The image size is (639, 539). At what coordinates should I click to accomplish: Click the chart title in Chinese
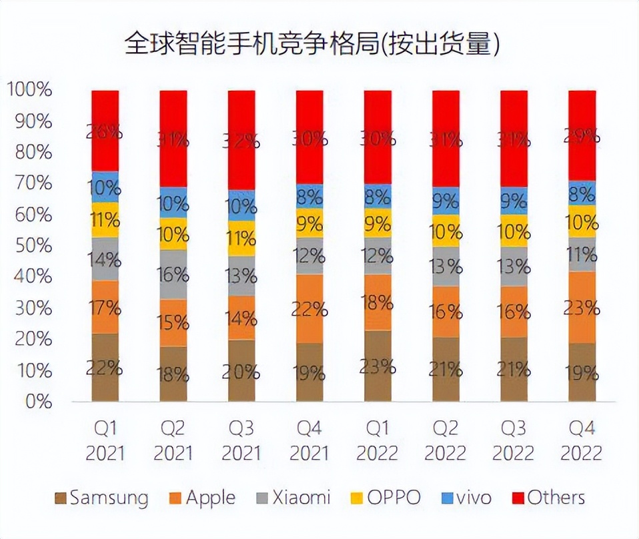click(x=313, y=45)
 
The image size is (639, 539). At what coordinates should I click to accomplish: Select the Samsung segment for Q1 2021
click(x=105, y=368)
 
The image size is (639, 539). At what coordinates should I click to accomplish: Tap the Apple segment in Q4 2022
click(x=582, y=308)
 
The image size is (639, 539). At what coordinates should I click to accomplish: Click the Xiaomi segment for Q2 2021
click(x=173, y=274)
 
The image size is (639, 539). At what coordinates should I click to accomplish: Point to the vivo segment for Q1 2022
click(x=378, y=196)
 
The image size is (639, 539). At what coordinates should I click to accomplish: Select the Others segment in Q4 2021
click(x=309, y=137)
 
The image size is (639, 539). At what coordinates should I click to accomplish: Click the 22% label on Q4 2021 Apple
click(x=309, y=309)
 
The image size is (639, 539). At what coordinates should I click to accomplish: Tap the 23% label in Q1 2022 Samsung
click(x=378, y=366)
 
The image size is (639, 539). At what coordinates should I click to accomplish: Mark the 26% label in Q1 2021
click(x=105, y=131)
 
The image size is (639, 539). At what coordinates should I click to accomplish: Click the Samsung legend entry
click(x=101, y=498)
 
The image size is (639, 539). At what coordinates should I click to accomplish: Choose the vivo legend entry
click(x=466, y=498)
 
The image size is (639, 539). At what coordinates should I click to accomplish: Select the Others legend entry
click(x=548, y=498)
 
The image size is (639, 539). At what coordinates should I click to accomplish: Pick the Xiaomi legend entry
click(x=293, y=498)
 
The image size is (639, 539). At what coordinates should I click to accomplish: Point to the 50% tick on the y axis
click(x=30, y=245)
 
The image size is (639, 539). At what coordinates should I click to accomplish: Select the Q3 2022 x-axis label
click(x=514, y=441)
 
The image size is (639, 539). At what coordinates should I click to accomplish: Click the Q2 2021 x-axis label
click(x=173, y=441)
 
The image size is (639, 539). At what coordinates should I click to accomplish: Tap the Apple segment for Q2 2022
click(x=446, y=312)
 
